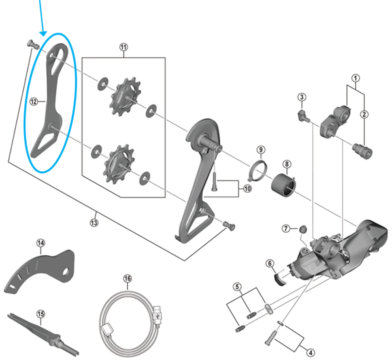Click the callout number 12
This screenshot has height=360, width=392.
coord(34,101)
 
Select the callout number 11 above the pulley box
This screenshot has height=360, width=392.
coord(124,47)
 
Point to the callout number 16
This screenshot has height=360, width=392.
coord(127,278)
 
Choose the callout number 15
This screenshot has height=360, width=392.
coord(41,314)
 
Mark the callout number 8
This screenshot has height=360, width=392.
coord(286,163)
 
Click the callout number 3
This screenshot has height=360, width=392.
coord(301,97)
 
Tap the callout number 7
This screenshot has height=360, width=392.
coord(286,228)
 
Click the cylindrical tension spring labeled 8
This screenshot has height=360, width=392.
coord(285,182)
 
